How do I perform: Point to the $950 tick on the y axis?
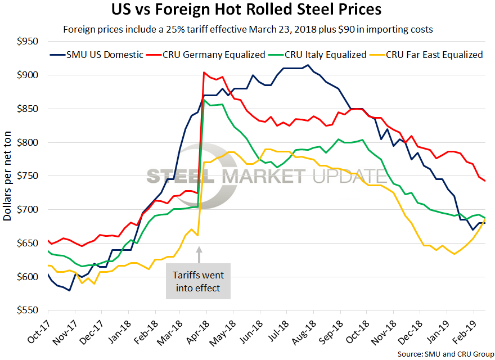click(x=26, y=42)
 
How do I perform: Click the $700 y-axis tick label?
click(x=26, y=210)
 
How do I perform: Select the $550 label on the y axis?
click(x=26, y=310)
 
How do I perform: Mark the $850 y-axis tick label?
click(x=26, y=109)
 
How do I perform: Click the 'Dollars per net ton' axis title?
click(x=8, y=176)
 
